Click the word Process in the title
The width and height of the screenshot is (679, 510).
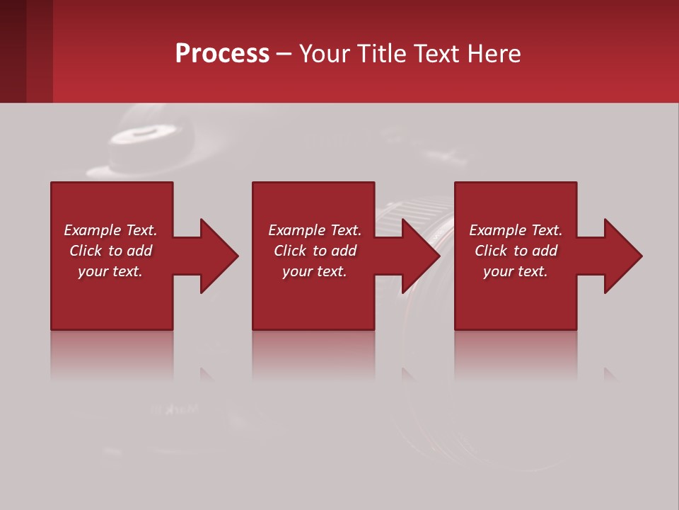click(222, 53)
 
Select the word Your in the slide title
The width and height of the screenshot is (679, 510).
click(324, 53)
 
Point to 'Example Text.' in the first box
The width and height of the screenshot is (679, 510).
click(110, 230)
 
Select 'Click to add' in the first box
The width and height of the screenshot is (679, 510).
click(110, 251)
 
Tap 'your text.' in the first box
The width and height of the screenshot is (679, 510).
click(110, 271)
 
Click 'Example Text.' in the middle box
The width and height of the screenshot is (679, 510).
click(315, 230)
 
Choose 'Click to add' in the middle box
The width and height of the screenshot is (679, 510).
click(315, 251)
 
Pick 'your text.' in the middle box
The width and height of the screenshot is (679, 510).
click(315, 271)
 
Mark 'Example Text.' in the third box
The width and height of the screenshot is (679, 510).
click(516, 230)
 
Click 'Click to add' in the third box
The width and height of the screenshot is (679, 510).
click(516, 251)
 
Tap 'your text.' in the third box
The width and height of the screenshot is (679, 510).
click(516, 271)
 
